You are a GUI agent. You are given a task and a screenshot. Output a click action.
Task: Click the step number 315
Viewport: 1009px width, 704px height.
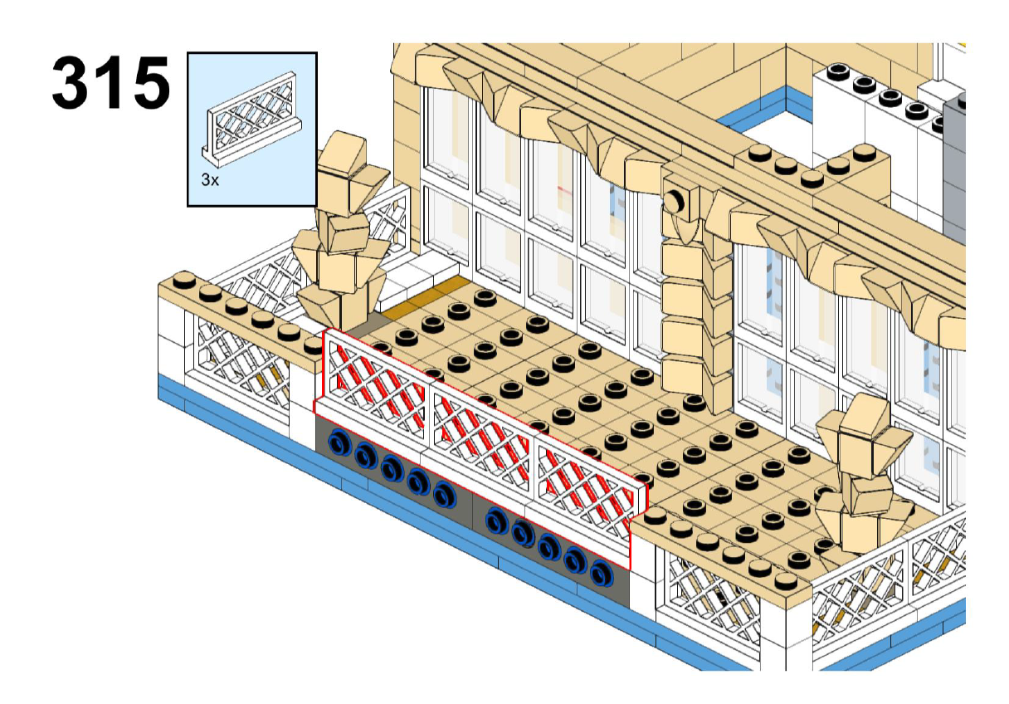[x=111, y=82]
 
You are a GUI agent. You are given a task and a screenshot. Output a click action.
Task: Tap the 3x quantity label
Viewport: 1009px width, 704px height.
[x=210, y=180]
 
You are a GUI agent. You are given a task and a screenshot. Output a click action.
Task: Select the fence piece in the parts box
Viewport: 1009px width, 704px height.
[x=251, y=118]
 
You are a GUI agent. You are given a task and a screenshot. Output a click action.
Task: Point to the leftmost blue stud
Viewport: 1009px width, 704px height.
[x=339, y=442]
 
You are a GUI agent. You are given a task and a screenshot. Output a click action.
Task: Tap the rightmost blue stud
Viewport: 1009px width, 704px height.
[x=602, y=573]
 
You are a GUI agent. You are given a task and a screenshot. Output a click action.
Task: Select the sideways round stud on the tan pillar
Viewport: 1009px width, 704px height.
[x=674, y=202]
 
